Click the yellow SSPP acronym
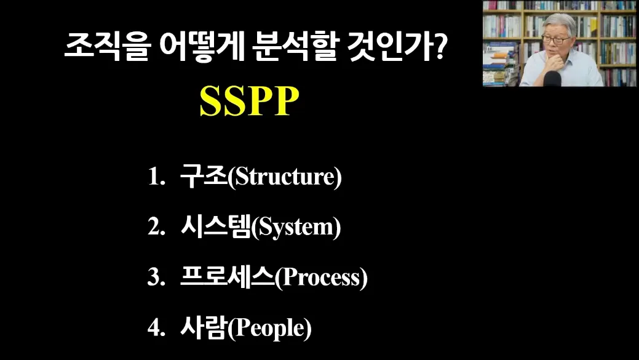249,102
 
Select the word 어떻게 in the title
201,47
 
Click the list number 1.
156,177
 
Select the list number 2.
156,227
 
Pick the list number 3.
156,278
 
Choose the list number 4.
156,328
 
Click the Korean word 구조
204,176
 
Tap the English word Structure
285,177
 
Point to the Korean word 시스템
215,226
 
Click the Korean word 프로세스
228,277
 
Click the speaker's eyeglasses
555,39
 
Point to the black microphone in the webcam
552,79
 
